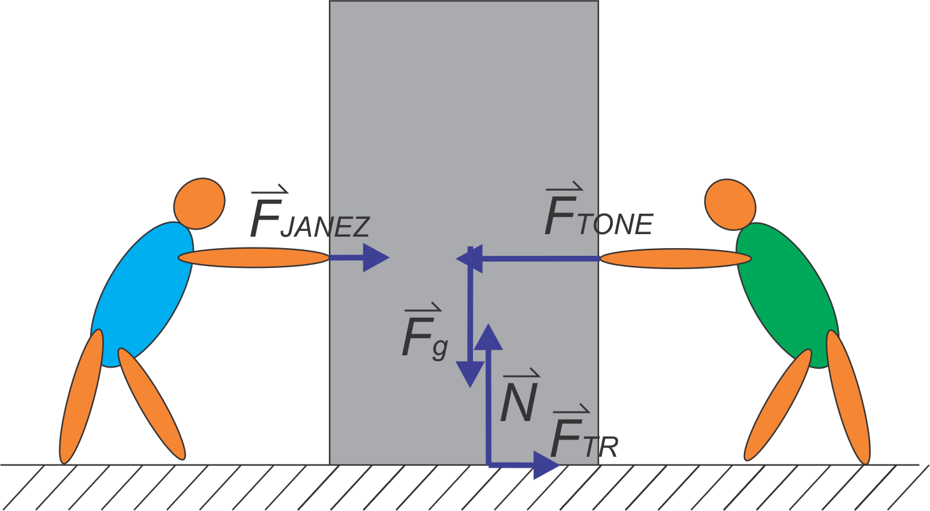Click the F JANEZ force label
(309, 214)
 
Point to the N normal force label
(520, 398)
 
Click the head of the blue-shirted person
(200, 204)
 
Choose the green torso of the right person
(787, 294)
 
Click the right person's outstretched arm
(676, 258)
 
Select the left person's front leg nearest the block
(152, 404)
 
